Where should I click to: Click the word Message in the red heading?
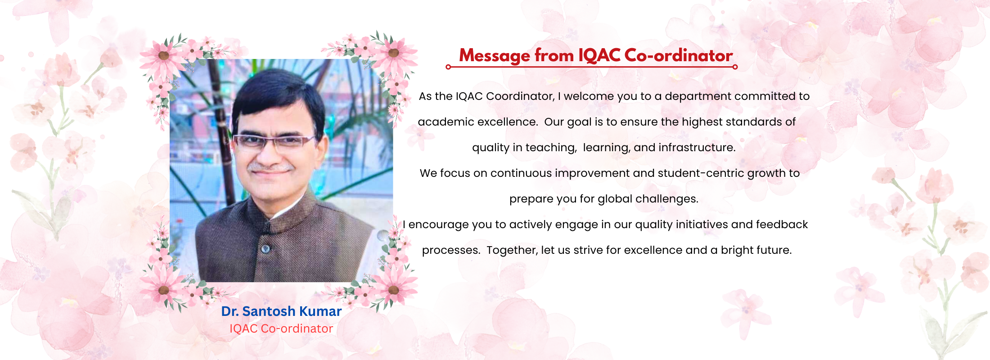pyautogui.click(x=494, y=56)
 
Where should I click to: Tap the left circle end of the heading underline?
pyautogui.click(x=448, y=67)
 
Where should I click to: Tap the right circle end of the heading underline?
pyautogui.click(x=735, y=67)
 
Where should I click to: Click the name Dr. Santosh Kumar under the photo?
pyautogui.click(x=281, y=311)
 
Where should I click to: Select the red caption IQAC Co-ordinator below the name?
pyautogui.click(x=281, y=329)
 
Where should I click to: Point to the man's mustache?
pyautogui.click(x=270, y=167)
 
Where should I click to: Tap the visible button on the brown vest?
pyautogui.click(x=265, y=249)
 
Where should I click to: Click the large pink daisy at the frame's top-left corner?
pyautogui.click(x=163, y=56)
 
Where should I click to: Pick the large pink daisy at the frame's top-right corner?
pyautogui.click(x=393, y=53)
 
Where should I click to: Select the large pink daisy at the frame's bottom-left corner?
pyautogui.click(x=163, y=289)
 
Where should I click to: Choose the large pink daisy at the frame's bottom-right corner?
pyautogui.click(x=393, y=289)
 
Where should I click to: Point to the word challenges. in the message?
pyautogui.click(x=667, y=199)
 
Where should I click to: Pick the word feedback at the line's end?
pyautogui.click(x=782, y=225)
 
